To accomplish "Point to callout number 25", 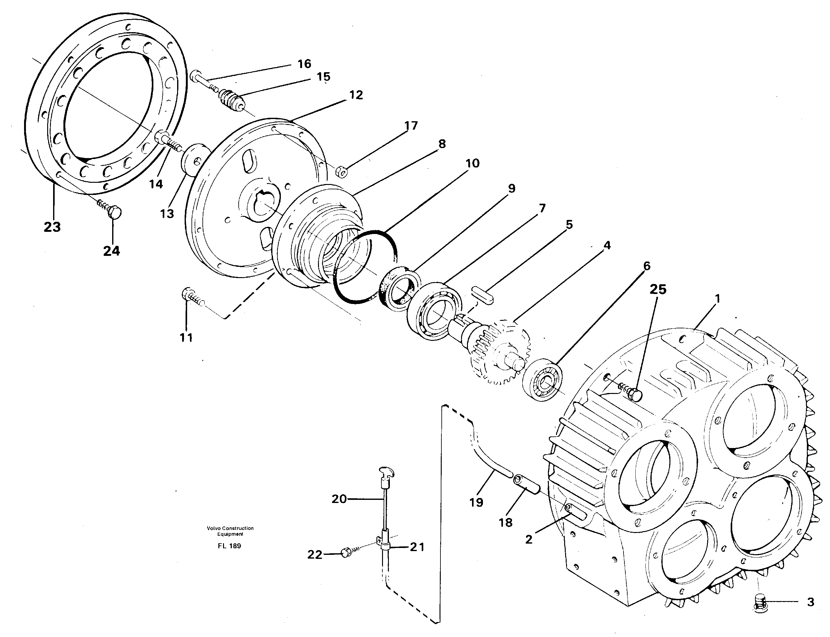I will click(x=658, y=290).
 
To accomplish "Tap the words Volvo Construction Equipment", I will click(x=230, y=531).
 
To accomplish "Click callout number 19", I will click(x=476, y=503).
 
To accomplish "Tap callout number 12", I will click(x=356, y=95).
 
